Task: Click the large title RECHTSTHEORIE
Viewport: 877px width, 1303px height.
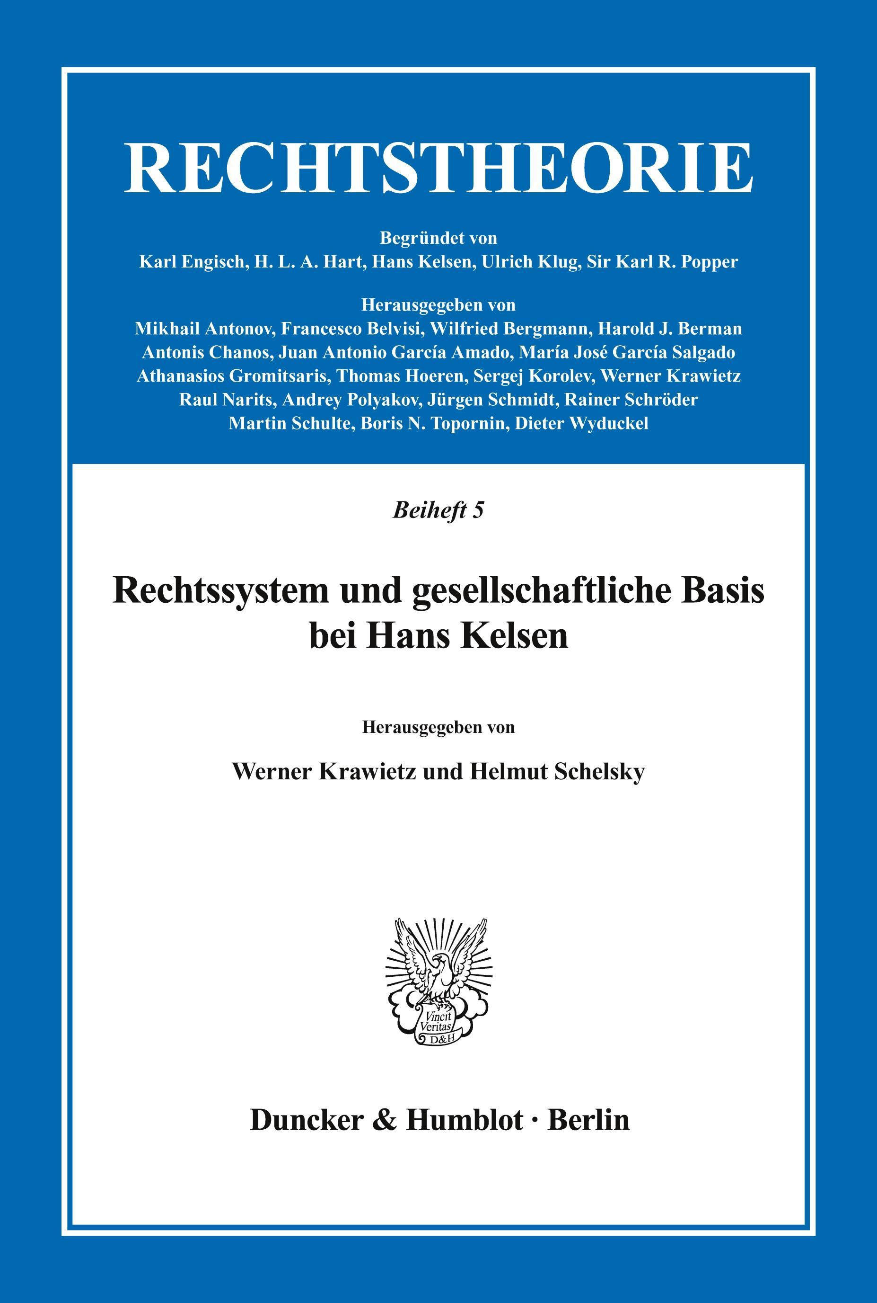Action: (x=438, y=168)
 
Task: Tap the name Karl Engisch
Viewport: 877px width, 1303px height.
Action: (x=192, y=262)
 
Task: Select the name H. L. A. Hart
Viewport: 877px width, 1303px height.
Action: (x=307, y=262)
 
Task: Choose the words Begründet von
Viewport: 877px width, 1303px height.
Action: (x=438, y=238)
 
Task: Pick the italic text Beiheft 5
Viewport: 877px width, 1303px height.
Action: (x=438, y=510)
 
